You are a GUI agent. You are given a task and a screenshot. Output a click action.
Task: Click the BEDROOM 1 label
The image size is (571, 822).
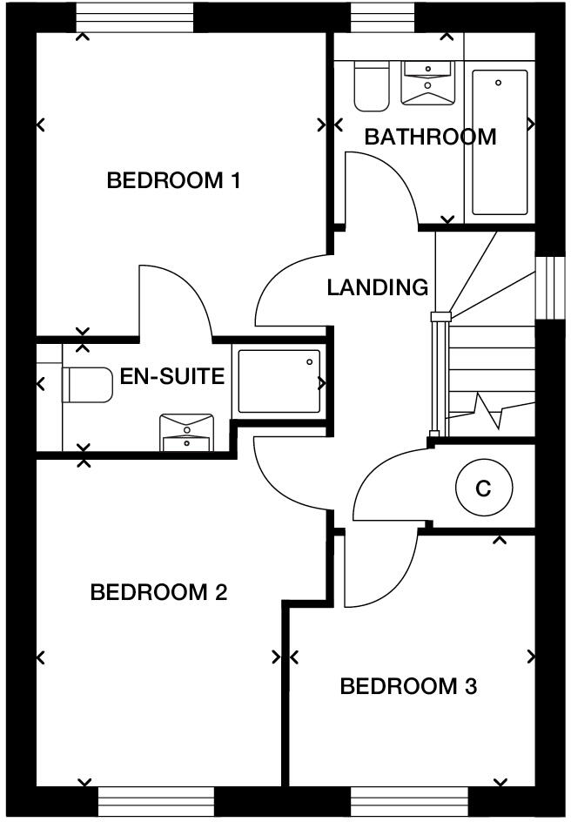[x=173, y=181]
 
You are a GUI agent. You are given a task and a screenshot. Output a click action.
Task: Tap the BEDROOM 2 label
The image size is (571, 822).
[x=158, y=593]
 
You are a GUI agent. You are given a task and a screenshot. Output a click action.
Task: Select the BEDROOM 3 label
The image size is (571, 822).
[x=408, y=687]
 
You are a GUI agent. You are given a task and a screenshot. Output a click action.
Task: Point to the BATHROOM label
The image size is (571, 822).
[x=430, y=137]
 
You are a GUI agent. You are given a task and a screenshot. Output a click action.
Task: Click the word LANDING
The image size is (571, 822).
[x=378, y=287]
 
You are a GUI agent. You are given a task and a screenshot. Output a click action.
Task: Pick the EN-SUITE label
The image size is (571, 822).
[x=172, y=377]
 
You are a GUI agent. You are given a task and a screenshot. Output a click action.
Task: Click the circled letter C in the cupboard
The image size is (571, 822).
[x=482, y=488]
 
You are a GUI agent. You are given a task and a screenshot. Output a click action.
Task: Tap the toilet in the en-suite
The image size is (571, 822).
[x=87, y=384]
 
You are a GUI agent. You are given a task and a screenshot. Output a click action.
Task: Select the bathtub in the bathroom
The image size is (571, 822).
[x=500, y=142]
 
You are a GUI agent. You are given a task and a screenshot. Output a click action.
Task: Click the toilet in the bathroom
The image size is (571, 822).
[x=372, y=87]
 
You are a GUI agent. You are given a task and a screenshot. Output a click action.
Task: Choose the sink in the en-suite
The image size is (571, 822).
[x=186, y=433]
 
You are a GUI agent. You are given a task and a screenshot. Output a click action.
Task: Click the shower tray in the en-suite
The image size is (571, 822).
[x=279, y=381]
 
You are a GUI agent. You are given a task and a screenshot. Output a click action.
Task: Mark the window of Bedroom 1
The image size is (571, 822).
[x=135, y=17]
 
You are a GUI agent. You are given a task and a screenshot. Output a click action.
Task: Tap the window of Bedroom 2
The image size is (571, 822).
[x=156, y=802]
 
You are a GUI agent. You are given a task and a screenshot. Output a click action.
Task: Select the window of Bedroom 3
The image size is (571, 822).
[x=409, y=802]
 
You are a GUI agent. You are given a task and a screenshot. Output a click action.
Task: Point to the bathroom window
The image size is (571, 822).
[x=384, y=17]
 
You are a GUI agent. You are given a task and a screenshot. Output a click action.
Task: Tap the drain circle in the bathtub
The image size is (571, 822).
[x=499, y=83]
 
